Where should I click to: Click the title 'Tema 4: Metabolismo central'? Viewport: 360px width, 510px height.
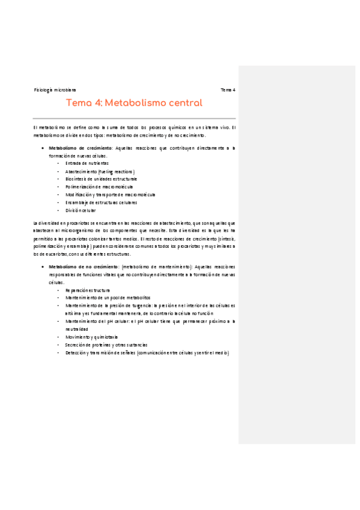(134, 103)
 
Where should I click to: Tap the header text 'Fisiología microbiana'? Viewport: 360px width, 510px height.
(55, 90)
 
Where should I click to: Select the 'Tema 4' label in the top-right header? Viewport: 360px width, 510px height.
(228, 90)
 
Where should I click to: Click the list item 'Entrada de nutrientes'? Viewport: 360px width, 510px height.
(87, 163)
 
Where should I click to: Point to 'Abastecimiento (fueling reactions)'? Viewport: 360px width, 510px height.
(96, 171)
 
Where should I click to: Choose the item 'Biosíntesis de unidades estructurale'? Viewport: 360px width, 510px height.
(101, 179)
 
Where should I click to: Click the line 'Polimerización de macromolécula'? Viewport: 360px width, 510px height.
(99, 186)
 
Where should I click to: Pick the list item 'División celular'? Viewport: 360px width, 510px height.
(81, 210)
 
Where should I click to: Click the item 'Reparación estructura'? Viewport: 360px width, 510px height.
(88, 290)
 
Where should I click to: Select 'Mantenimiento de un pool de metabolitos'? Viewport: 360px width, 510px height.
(108, 298)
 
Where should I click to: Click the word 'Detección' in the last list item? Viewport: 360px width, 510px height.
(77, 352)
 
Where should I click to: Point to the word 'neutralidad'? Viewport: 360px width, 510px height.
(76, 329)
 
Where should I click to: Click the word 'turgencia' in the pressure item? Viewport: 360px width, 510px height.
(134, 306)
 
